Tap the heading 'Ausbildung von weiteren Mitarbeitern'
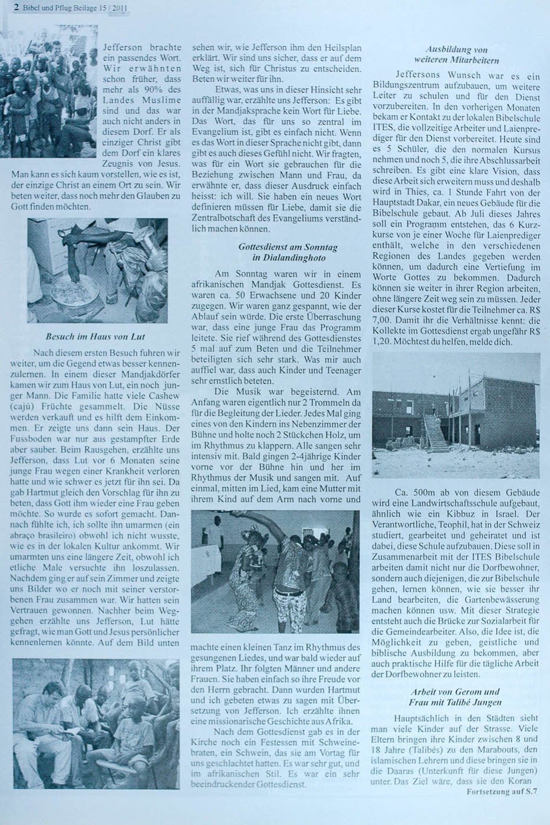(x=456, y=55)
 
